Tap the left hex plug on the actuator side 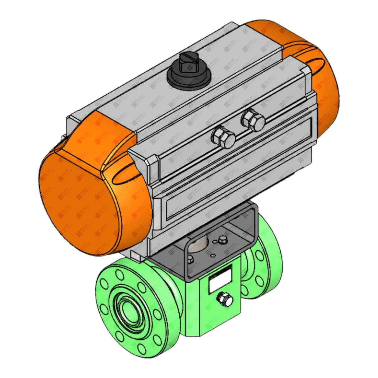tap(223, 137)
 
